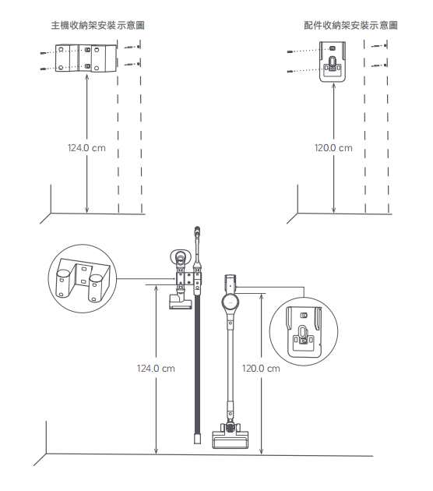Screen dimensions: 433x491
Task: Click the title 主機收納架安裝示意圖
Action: [x=97, y=26]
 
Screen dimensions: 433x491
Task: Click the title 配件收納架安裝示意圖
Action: [x=350, y=26]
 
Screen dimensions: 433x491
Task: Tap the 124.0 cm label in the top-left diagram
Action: [x=86, y=148]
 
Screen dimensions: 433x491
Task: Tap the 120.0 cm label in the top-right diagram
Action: [x=333, y=148]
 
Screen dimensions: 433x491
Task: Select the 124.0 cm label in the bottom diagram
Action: [x=156, y=368]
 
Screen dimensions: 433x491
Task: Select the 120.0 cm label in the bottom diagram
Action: [x=261, y=368]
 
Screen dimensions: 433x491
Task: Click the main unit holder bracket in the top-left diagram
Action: [x=86, y=58]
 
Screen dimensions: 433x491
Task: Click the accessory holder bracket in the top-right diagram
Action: [x=333, y=62]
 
